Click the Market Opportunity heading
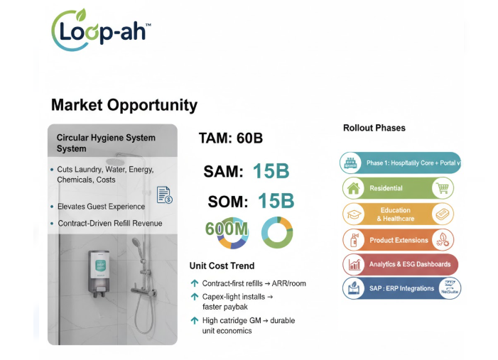[x=124, y=105]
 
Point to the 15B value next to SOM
[x=275, y=201]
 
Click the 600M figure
[x=227, y=231]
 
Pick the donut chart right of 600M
[x=277, y=232]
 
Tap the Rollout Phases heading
[x=374, y=128]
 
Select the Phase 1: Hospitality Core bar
[x=400, y=163]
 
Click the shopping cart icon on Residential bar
[x=443, y=188]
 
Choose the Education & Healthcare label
[x=396, y=214]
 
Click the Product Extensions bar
[x=398, y=240]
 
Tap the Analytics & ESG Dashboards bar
[x=399, y=264]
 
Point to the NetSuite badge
[x=448, y=289]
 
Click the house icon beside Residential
[x=352, y=188]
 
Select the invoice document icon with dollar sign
[x=164, y=195]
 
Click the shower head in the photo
[x=136, y=243]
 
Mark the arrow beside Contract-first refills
[x=195, y=283]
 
